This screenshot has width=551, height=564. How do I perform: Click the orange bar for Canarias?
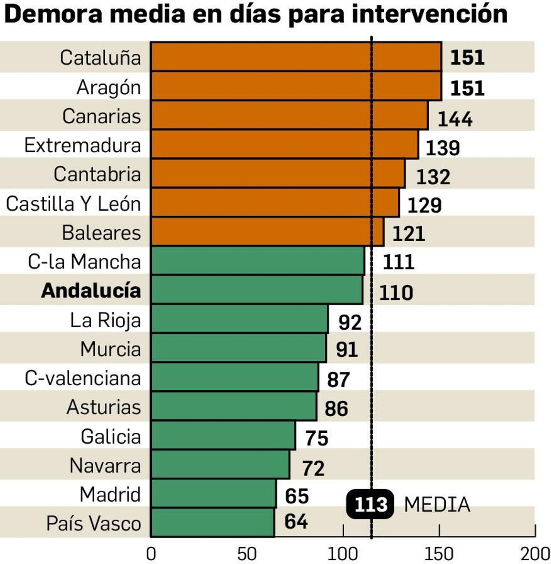(289, 115)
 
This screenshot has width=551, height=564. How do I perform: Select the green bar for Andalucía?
(257, 290)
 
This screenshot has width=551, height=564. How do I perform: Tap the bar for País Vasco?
(212, 522)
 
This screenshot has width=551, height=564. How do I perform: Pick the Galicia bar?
(223, 435)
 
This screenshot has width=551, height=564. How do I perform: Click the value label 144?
(455, 119)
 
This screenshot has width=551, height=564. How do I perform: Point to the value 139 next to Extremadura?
(443, 148)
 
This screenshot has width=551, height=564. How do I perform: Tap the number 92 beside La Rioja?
(350, 322)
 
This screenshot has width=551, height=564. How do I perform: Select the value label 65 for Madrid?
(297, 496)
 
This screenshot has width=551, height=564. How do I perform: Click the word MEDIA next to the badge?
(437, 505)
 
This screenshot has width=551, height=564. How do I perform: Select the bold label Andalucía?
(91, 290)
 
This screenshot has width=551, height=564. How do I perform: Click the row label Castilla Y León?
(73, 204)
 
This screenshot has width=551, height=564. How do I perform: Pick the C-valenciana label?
(83, 378)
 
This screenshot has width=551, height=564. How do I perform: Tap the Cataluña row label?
(100, 58)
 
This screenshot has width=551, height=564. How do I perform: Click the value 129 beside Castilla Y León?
(424, 206)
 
